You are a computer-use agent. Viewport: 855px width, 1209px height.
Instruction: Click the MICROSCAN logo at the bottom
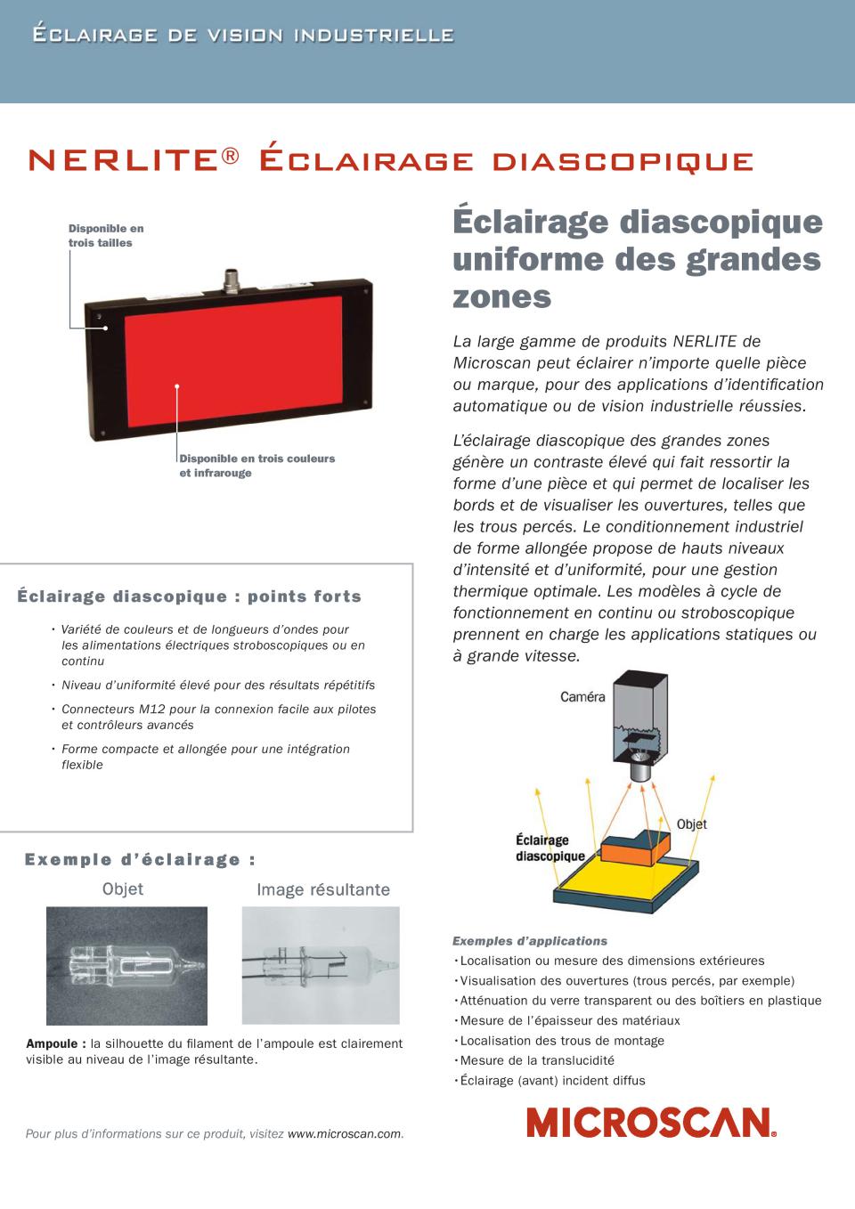pos(651,1123)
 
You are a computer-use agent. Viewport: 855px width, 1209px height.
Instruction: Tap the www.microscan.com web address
pos(344,1133)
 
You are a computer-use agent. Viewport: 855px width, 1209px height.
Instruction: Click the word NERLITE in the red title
pos(124,160)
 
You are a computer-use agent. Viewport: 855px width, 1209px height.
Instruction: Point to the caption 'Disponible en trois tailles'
pos(106,236)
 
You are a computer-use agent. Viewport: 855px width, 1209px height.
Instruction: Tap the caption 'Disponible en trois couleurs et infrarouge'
pos(256,466)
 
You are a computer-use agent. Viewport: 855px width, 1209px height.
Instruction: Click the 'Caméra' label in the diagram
pos(582,697)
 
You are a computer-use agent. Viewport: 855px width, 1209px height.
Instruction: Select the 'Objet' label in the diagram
pos(691,824)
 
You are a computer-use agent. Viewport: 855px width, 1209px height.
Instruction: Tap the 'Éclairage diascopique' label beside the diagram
pos(550,848)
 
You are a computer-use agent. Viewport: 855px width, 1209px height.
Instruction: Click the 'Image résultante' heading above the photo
pos(323,889)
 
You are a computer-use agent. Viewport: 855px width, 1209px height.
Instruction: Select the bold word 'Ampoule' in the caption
pos(56,1043)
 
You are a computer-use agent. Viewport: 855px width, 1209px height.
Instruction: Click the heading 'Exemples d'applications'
pos(530,941)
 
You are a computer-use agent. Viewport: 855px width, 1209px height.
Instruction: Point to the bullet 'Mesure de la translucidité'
pos(537,1060)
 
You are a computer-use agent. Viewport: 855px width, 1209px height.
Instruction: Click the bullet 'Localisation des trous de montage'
pos(562,1041)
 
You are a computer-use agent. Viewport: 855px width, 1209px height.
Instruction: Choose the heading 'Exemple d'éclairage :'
pos(141,859)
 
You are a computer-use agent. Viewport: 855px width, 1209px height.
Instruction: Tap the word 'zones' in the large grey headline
pos(502,296)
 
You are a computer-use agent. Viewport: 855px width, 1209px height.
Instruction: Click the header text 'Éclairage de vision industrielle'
pos(242,36)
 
